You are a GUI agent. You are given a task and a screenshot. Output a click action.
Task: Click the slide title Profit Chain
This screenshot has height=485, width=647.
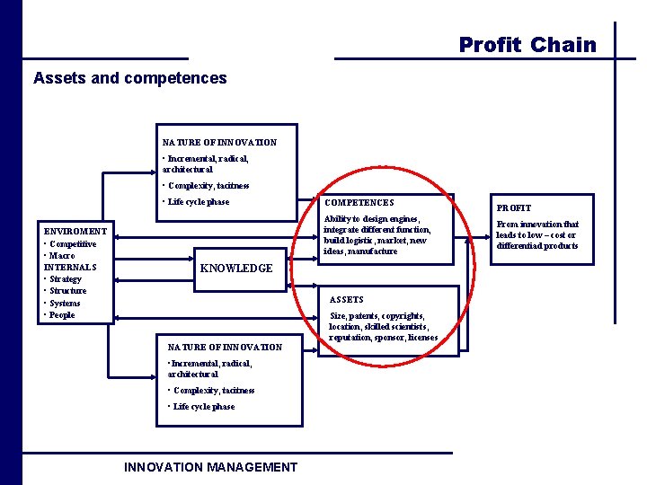(x=527, y=45)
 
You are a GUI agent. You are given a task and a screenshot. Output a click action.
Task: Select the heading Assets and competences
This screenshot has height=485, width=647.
(x=130, y=78)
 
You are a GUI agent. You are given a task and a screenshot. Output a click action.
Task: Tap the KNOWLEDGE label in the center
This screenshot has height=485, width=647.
(x=236, y=269)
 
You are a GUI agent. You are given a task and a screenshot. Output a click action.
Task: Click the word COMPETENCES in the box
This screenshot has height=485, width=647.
(x=359, y=203)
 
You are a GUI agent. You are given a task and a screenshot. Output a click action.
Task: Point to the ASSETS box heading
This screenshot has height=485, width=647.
(x=347, y=299)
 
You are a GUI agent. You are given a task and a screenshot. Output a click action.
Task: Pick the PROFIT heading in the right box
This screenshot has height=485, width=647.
(x=513, y=208)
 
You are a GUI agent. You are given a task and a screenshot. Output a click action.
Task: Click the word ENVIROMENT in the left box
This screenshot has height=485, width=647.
(x=75, y=231)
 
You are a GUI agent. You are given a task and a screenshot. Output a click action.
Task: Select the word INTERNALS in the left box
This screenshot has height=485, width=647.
(x=70, y=267)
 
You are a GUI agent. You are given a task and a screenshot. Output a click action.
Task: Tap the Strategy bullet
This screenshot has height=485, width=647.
(x=66, y=279)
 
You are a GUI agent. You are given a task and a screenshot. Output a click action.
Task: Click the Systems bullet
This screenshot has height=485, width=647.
(x=66, y=304)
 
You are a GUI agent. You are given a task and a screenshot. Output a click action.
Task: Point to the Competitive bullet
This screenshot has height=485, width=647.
(x=73, y=243)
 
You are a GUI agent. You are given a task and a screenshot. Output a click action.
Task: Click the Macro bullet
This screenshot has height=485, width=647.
(x=63, y=255)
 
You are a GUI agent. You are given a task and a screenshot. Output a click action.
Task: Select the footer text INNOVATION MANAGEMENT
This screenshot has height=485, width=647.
(x=210, y=467)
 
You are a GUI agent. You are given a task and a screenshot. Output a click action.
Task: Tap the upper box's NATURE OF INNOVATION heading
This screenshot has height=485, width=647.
(x=219, y=142)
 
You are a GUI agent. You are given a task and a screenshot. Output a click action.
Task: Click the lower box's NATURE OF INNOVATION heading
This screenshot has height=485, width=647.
(x=225, y=347)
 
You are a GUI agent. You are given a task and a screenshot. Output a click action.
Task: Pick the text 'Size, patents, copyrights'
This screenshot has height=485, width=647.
(x=377, y=316)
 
